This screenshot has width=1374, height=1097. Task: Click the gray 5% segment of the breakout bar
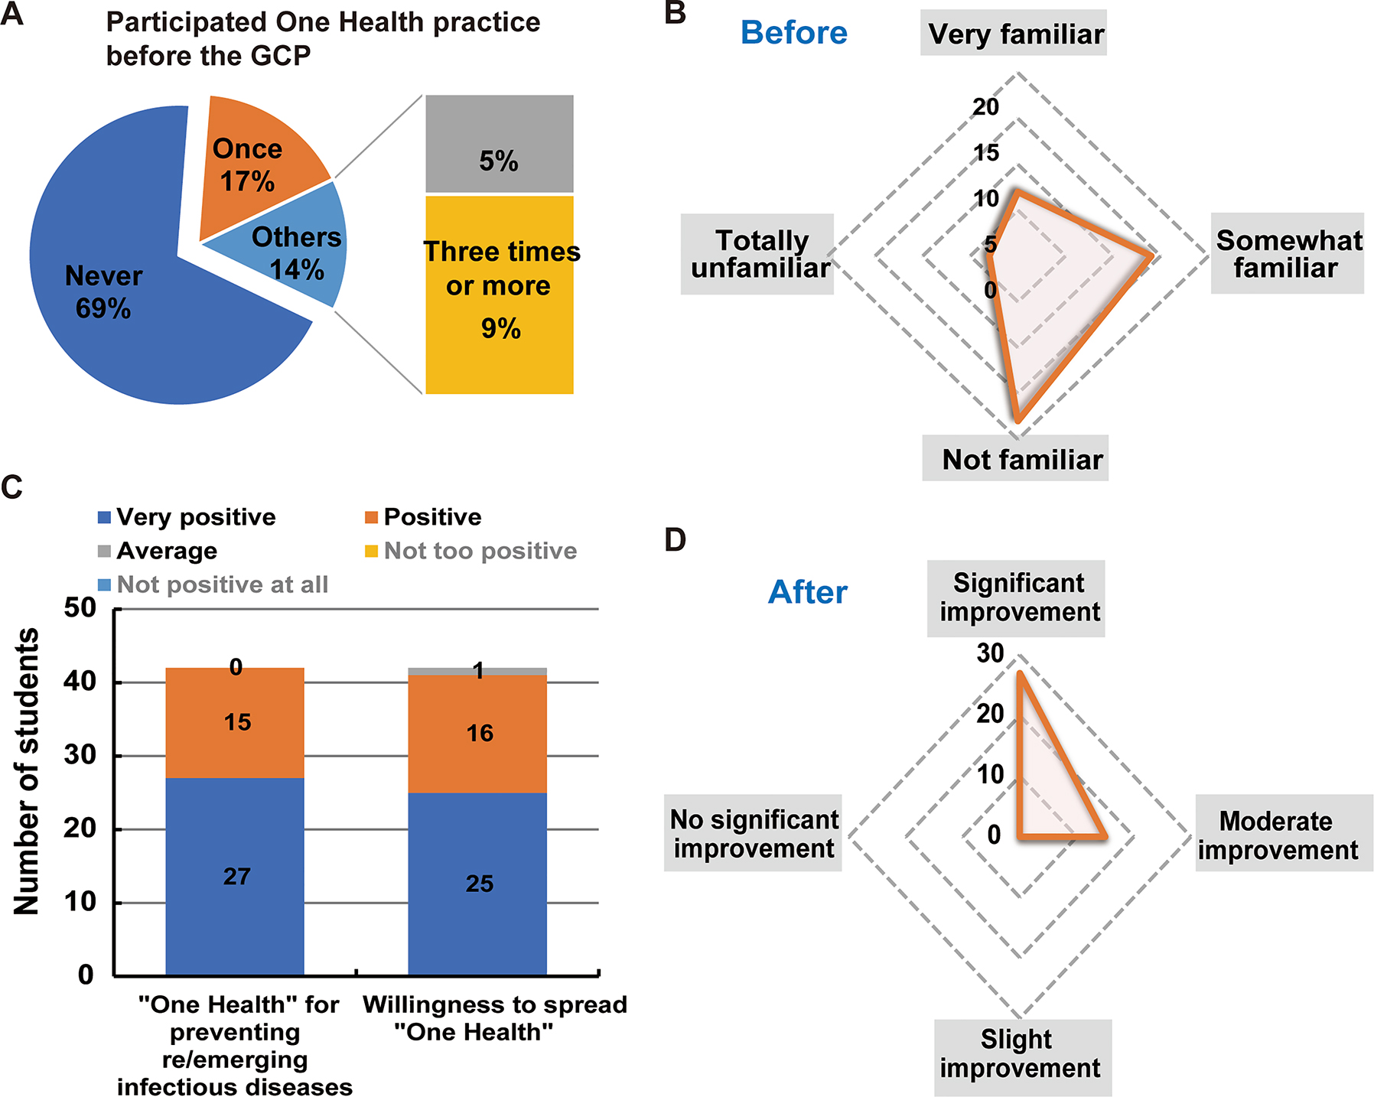(x=499, y=144)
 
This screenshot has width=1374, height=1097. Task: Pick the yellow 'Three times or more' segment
(x=499, y=295)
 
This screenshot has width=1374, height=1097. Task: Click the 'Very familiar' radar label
(x=1014, y=34)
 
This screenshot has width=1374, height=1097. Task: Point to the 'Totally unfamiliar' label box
(x=757, y=254)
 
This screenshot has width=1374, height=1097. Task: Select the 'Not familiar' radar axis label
(x=1015, y=459)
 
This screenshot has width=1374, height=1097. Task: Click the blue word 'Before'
(x=794, y=33)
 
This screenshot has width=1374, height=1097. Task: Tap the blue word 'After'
(x=808, y=592)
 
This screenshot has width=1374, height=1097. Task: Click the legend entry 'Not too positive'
(x=471, y=551)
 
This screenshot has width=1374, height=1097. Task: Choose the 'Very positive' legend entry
(x=187, y=517)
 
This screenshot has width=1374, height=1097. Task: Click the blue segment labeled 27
(x=235, y=876)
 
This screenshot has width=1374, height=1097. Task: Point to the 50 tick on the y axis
(x=80, y=608)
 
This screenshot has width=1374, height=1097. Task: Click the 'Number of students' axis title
(x=27, y=771)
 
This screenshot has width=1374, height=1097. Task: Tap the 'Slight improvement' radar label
(x=1021, y=1054)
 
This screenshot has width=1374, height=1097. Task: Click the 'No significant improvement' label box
(x=753, y=834)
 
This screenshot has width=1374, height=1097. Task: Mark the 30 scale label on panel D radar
(x=990, y=653)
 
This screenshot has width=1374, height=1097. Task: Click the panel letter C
(x=12, y=487)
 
